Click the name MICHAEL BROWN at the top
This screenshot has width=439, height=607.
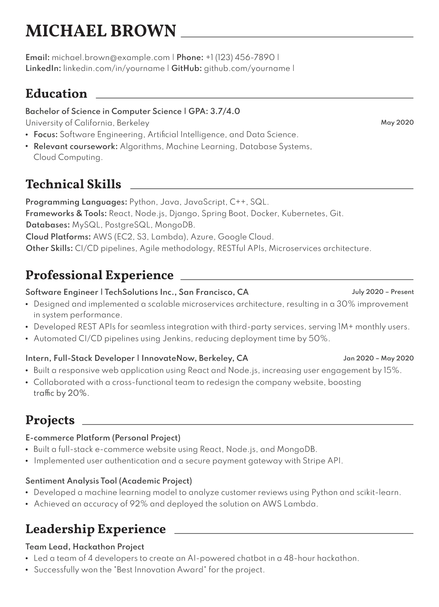[x=101, y=31]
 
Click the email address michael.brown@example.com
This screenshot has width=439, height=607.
[x=111, y=57]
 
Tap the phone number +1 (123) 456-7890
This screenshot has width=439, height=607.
[x=240, y=57]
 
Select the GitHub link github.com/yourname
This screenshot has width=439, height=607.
[x=247, y=68]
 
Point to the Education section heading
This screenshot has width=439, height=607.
[x=56, y=94]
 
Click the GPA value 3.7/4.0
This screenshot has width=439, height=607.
[x=225, y=111]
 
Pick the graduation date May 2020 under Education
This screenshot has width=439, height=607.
[x=397, y=122]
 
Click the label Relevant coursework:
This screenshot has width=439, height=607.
[x=76, y=146]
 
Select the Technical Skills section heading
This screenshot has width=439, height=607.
[x=73, y=184]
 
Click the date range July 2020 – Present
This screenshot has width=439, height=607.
[x=383, y=292]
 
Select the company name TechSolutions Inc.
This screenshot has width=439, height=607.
[x=140, y=292]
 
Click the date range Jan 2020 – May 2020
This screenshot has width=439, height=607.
[x=378, y=358]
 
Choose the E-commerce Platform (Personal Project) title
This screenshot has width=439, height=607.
[x=103, y=438]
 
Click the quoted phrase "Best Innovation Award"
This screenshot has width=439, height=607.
[x=160, y=570]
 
